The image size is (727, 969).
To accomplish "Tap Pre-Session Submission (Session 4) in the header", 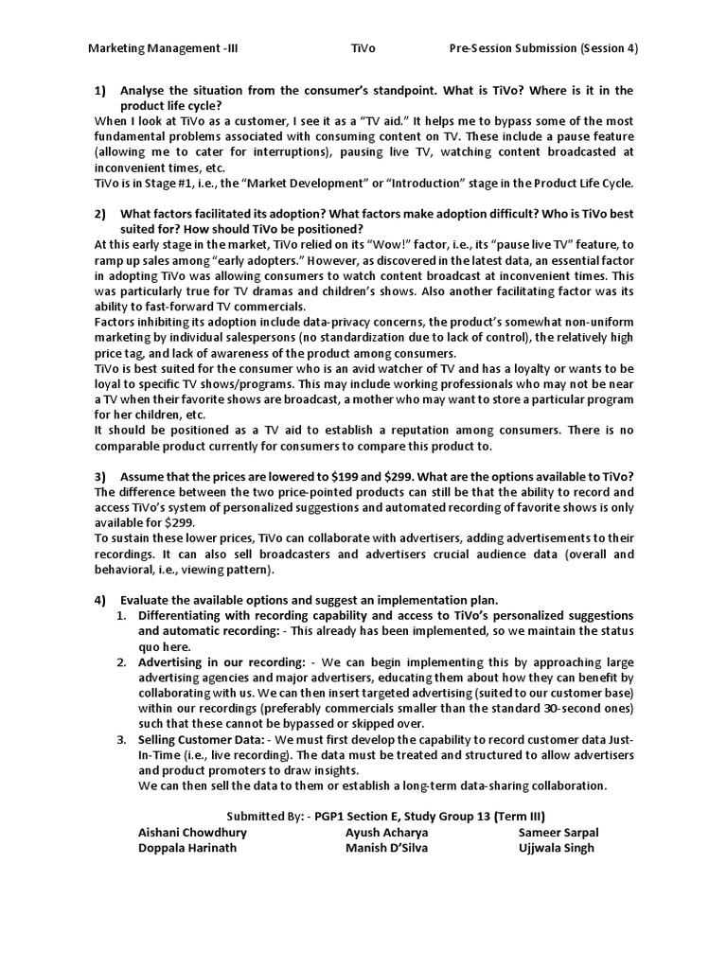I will [x=542, y=49].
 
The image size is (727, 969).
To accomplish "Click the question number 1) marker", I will [x=101, y=90].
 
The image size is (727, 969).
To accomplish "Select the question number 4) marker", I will [x=101, y=600].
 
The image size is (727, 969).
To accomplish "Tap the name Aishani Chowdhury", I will [x=192, y=833].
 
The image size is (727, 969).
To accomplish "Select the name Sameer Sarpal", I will [x=559, y=833].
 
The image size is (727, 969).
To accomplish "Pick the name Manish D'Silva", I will [x=386, y=848].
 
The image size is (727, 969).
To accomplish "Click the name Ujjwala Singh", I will [x=556, y=848].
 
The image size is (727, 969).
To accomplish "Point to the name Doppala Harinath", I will [x=187, y=848].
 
